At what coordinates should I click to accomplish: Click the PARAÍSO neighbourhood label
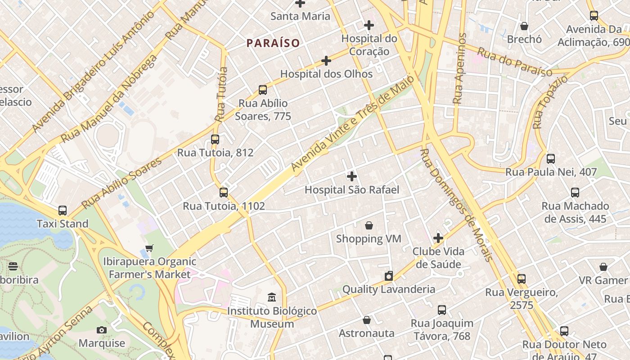click(273, 43)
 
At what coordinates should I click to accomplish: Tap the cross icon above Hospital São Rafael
click(352, 176)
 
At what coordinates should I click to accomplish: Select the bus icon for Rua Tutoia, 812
click(215, 139)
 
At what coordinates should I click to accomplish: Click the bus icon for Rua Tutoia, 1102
click(224, 193)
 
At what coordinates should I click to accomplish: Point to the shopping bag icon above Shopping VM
click(369, 225)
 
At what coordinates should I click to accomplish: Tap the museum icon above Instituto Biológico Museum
click(272, 297)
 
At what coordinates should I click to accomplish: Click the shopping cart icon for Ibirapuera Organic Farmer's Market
click(149, 248)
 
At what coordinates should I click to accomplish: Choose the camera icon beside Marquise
click(102, 330)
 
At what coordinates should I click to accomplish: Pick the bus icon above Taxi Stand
click(63, 211)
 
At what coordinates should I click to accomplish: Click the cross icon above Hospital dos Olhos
click(326, 60)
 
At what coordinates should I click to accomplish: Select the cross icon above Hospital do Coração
click(369, 25)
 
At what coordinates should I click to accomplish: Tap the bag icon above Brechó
click(524, 26)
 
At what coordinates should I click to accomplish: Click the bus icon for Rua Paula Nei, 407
click(551, 158)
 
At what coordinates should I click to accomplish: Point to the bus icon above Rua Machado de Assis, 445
click(575, 193)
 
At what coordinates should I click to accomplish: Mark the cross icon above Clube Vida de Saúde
click(438, 238)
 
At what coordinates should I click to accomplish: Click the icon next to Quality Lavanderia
click(389, 276)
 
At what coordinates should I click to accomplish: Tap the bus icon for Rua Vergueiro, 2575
click(522, 279)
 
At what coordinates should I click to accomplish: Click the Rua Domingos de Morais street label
click(456, 205)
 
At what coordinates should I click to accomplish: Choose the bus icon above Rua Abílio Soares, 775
click(263, 90)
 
